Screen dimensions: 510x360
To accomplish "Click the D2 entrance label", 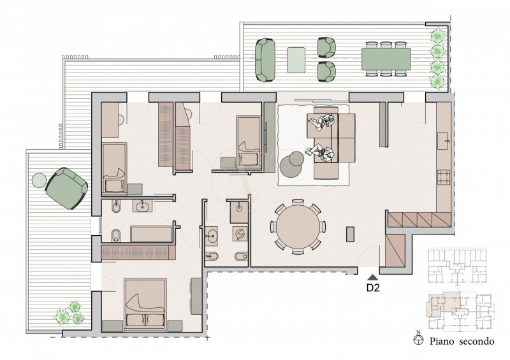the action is coord(373,287).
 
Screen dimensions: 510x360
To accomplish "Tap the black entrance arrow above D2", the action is coord(373,277).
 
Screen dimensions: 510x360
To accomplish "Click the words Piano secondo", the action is coord(462,342).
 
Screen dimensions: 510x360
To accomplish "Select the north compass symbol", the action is coord(419,338).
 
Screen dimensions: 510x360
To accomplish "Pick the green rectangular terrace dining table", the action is coord(386,59).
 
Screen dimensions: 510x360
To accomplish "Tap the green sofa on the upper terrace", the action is coord(265,60).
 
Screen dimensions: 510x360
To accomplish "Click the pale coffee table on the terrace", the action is coord(296,60).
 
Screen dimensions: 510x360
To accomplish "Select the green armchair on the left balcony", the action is coord(66,188).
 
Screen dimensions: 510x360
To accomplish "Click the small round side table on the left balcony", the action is coord(40,180).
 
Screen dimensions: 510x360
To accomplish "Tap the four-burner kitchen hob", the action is coord(444,178).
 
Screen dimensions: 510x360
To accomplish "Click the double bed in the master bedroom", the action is coord(145,305).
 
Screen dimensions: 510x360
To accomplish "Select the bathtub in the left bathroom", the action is coord(151,234).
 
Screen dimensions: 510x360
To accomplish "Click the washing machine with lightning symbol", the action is coord(240,233).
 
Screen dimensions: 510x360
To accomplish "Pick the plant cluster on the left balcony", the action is coord(69,313).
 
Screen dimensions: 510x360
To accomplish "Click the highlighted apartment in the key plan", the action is coord(443,304).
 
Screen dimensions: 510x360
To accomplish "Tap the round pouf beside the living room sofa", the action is coord(292,164).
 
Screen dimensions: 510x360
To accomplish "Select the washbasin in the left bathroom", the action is coord(142,206).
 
